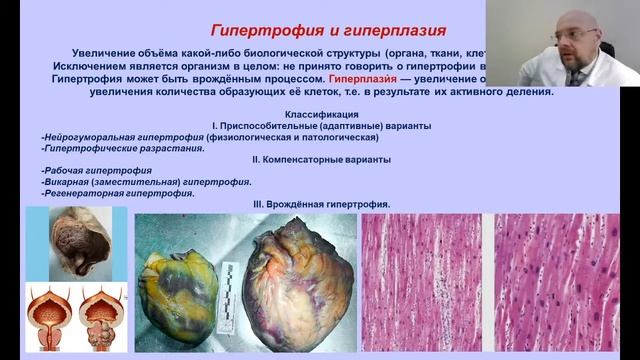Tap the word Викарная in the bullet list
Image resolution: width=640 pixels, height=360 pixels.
tap(71, 182)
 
